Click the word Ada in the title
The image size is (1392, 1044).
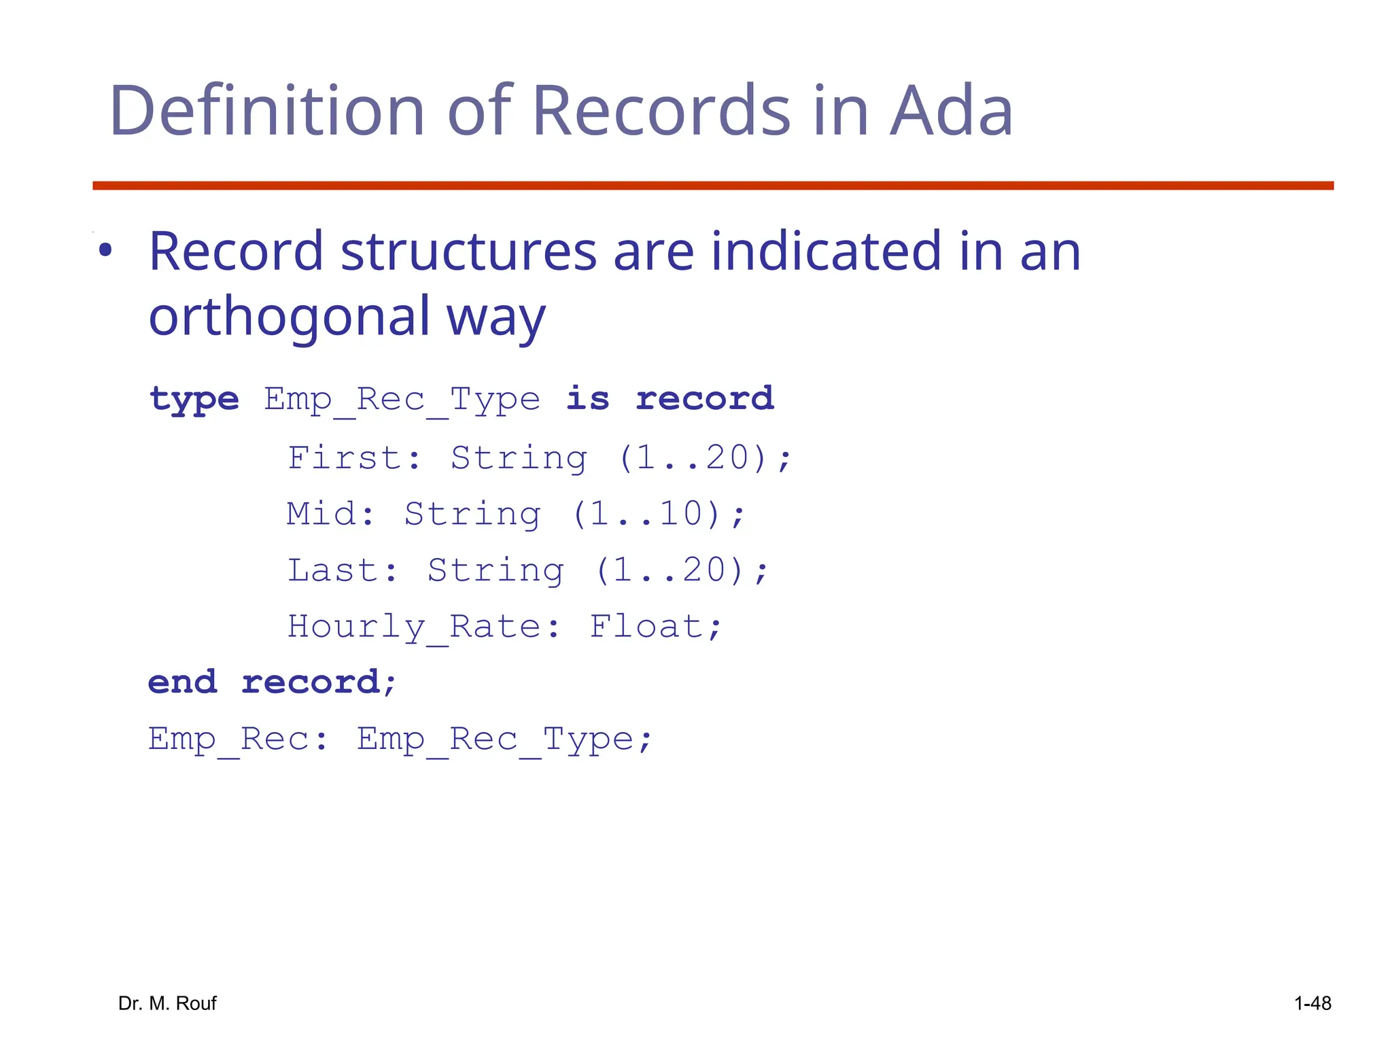coord(951,111)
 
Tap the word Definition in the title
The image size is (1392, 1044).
coord(266,111)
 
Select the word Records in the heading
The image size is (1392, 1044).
coord(661,111)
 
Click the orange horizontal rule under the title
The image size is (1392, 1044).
coord(712,186)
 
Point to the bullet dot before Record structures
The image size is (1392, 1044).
coord(105,251)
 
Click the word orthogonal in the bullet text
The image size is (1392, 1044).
coord(289,317)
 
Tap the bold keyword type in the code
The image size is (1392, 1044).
coord(194,399)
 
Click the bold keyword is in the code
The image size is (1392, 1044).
coord(588,398)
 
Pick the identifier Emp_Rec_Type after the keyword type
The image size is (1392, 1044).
coord(402,400)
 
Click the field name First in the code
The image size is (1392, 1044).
coord(345,457)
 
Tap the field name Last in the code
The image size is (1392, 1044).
coord(333,570)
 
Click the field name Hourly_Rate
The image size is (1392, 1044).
coord(414,627)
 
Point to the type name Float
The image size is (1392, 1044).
coord(646,626)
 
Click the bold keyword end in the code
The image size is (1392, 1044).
coord(183,682)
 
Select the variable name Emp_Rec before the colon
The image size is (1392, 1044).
coord(229,739)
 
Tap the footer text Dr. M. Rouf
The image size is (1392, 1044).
coord(167,1003)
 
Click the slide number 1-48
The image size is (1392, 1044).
coord(1312,1003)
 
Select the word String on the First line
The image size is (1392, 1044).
coord(519,458)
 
